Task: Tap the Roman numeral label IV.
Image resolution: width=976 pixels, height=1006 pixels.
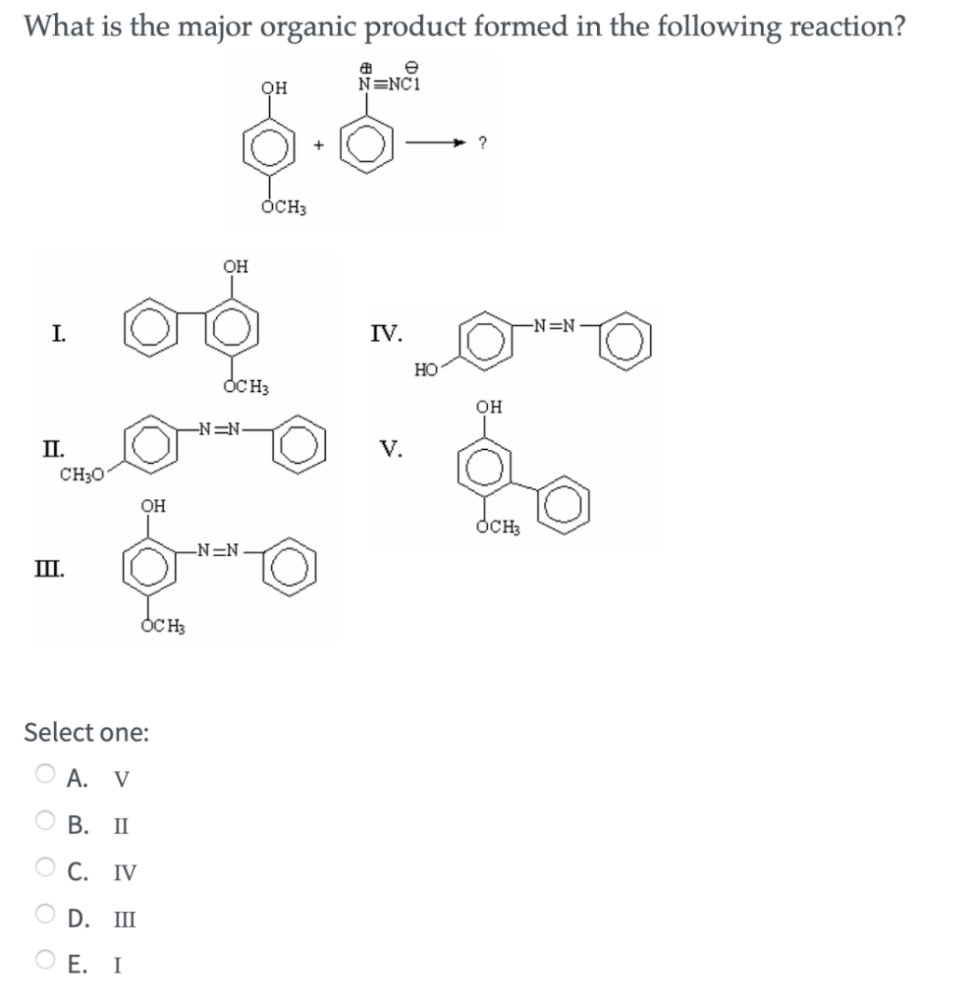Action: [387, 332]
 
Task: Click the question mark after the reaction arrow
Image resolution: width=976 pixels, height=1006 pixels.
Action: [481, 143]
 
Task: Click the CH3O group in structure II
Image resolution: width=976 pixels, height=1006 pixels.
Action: [78, 476]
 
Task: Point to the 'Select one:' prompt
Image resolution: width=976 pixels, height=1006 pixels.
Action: [86, 732]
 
